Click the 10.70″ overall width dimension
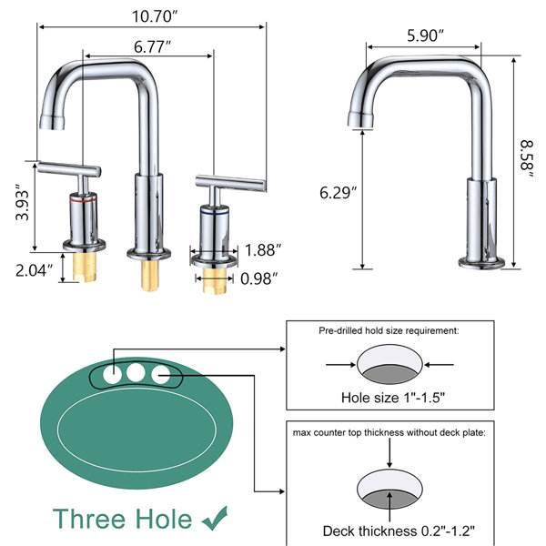pyautogui.click(x=155, y=16)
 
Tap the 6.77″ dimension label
pyautogui.click(x=152, y=47)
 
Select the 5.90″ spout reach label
pyautogui.click(x=425, y=35)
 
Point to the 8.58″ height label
pyautogui.click(x=527, y=159)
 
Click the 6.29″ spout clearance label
pyautogui.click(x=339, y=193)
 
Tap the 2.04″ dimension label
pyautogui.click(x=35, y=270)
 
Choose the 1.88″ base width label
pyautogui.click(x=263, y=250)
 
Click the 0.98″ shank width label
pyautogui.click(x=258, y=278)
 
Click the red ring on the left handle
pyautogui.click(x=83, y=200)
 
